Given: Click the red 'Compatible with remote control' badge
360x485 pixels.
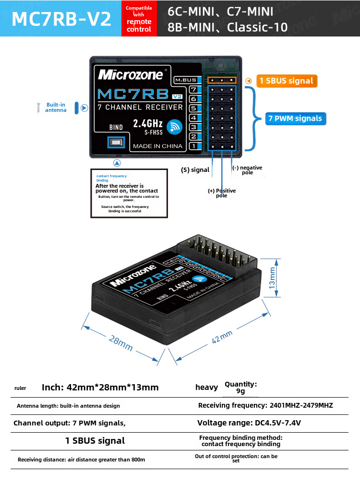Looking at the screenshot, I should tap(139, 19).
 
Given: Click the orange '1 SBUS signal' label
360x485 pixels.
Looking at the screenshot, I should tap(287, 81).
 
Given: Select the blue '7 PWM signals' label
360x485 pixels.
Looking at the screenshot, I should tap(295, 118).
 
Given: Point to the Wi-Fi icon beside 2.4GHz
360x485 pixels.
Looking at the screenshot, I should tap(174, 126).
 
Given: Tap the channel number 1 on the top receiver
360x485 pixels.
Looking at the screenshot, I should tap(193, 145).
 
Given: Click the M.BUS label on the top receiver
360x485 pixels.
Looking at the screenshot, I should tap(185, 80).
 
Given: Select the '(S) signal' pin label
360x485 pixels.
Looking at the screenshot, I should tap(195, 170).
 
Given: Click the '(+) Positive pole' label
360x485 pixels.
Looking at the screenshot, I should tap(222, 193).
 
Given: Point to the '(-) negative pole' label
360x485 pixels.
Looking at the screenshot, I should tap(247, 170).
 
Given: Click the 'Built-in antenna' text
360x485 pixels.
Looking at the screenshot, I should tap(56, 108).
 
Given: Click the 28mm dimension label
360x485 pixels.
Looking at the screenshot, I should tap(120, 342).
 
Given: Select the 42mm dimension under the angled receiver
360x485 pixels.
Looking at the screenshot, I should tap(222, 337).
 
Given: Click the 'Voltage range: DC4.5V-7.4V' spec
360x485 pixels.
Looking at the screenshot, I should tap(249, 423).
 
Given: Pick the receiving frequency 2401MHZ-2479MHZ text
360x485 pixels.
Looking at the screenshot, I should tap(265, 405).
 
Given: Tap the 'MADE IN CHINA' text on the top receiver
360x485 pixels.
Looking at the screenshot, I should tap(157, 146).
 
